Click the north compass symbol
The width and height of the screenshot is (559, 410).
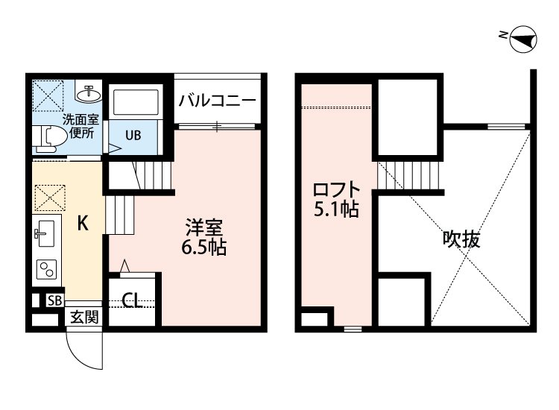tap(522, 39)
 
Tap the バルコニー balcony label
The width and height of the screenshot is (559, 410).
tap(218, 101)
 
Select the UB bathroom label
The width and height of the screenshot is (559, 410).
tap(133, 136)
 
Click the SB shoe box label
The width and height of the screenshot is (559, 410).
tap(54, 300)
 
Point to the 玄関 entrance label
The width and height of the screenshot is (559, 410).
tap(83, 317)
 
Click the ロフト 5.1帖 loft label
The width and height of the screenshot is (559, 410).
tap(335, 199)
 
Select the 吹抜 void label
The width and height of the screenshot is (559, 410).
tap(461, 240)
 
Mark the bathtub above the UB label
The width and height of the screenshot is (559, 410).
tap(135, 104)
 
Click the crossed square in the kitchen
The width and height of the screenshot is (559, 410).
tap(51, 199)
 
